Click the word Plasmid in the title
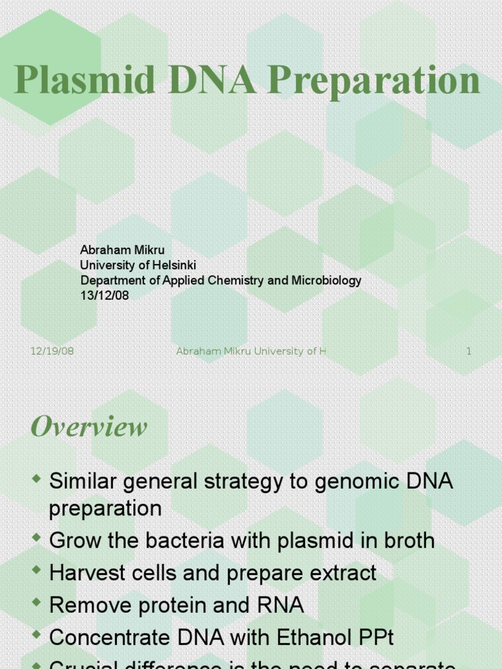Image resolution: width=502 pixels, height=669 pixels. [85, 82]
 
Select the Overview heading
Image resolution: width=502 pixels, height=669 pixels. [89, 427]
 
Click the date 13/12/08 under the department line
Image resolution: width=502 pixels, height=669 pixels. [105, 295]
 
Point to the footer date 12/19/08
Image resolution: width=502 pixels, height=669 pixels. [52, 351]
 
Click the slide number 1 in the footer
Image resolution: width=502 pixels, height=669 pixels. [469, 351]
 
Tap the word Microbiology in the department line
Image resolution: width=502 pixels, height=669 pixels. [326, 280]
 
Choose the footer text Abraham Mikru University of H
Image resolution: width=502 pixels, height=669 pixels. [250, 351]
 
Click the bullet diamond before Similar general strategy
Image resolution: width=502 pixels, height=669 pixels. [37, 480]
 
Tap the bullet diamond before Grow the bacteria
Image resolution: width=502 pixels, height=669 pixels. [37, 539]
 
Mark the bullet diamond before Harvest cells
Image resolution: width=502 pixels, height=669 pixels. [37, 572]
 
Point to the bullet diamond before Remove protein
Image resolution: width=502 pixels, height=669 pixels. [37, 604]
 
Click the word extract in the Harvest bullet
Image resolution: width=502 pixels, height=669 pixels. [344, 574]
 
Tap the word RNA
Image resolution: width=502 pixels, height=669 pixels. [282, 606]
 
